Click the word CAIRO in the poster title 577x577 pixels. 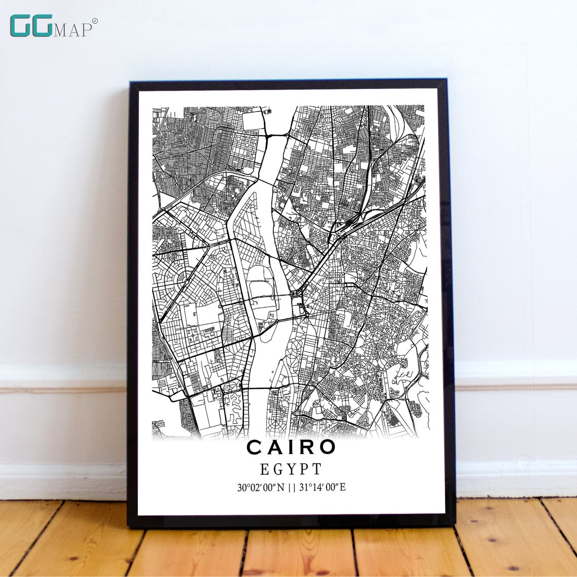[291, 447]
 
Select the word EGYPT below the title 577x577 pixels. [291, 469]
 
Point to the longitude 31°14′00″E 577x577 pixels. [322, 488]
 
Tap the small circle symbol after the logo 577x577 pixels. [95, 21]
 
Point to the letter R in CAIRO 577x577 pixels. [308, 447]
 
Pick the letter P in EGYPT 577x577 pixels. [303, 469]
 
